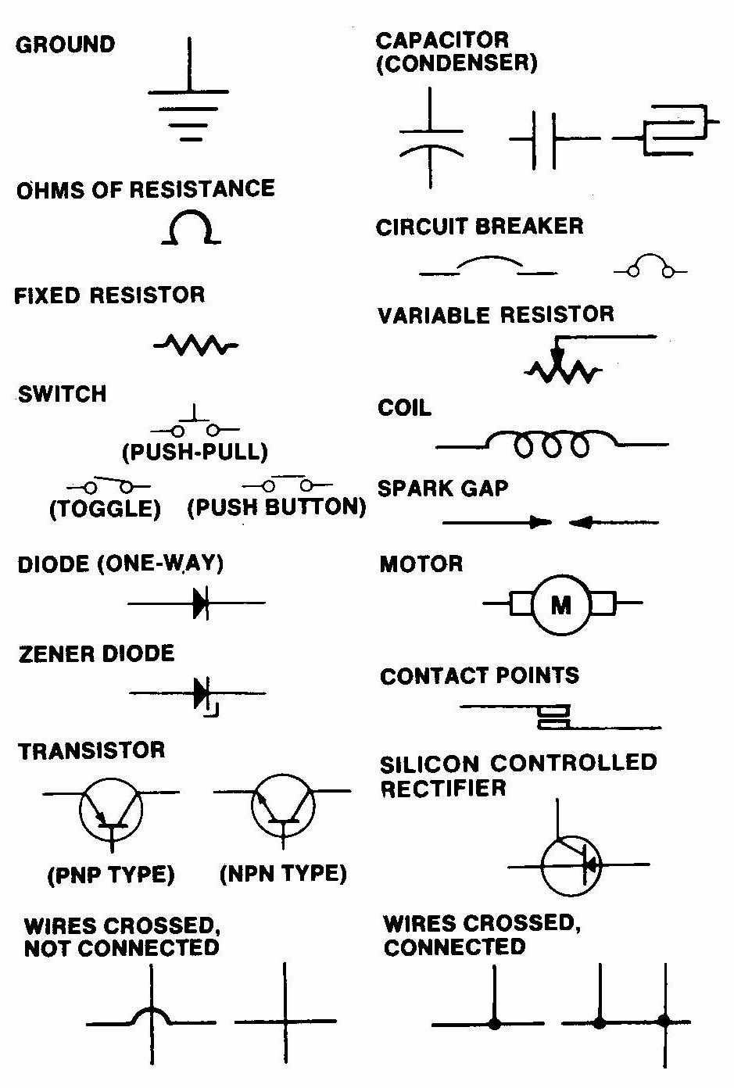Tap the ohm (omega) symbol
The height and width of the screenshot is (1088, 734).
pyautogui.click(x=189, y=229)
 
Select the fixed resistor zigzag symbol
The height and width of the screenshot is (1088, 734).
pyautogui.click(x=195, y=345)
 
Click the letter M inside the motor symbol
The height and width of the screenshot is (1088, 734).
pyautogui.click(x=561, y=604)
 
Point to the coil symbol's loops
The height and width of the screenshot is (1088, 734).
pyautogui.click(x=551, y=444)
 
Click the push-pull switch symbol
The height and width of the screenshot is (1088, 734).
pyautogui.click(x=195, y=426)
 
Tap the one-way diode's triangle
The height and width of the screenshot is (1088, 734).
pyautogui.click(x=200, y=603)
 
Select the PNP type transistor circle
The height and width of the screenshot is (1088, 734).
pyautogui.click(x=111, y=810)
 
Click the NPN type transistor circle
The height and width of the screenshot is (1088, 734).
pyautogui.click(x=283, y=810)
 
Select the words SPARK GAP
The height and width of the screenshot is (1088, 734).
pyautogui.click(x=442, y=489)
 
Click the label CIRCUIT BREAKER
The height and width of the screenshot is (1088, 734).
pyautogui.click(x=479, y=227)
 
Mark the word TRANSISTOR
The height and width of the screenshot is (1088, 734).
pyautogui.click(x=92, y=751)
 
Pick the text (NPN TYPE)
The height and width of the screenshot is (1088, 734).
pyautogui.click(x=283, y=873)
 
